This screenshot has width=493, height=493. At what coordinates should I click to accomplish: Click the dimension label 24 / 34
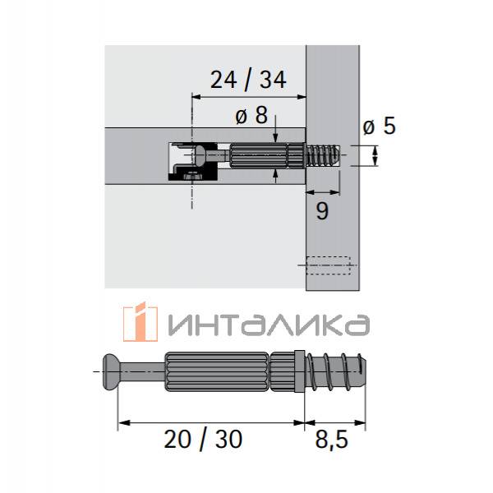(248, 81)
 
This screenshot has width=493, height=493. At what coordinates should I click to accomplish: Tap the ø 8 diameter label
(251, 115)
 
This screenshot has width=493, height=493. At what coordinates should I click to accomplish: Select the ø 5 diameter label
(379, 126)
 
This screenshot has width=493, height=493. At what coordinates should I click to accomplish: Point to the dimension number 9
(322, 211)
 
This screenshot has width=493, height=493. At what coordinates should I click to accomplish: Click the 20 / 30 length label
(203, 440)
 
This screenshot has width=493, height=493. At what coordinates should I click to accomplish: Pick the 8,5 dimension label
(331, 440)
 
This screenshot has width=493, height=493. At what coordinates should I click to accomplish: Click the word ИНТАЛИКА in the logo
(269, 325)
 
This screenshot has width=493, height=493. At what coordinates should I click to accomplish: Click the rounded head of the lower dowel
(111, 372)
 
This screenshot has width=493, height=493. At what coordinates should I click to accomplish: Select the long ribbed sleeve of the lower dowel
(217, 371)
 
